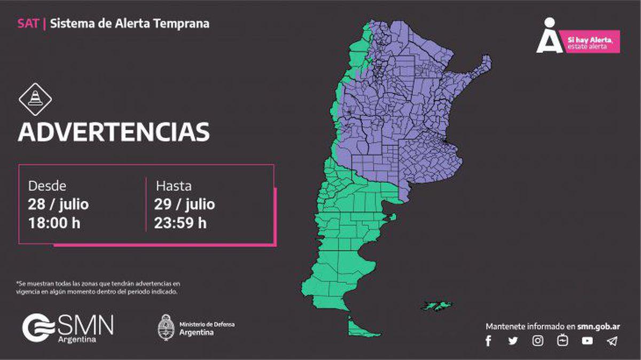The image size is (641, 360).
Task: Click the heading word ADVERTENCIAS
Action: (x=114, y=132)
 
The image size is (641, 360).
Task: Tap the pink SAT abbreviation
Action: (x=28, y=24)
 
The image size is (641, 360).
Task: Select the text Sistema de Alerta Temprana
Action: (x=130, y=24)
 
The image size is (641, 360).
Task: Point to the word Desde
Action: (x=47, y=186)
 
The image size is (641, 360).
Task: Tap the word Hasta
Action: (x=174, y=186)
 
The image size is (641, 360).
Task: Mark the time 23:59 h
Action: (x=181, y=222)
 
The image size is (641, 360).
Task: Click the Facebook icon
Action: (x=488, y=341)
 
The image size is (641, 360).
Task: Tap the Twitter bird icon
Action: (x=513, y=341)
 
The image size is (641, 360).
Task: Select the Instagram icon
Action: (x=538, y=341)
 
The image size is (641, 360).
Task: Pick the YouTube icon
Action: (x=587, y=341)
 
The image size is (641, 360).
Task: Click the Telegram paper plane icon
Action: (x=612, y=341)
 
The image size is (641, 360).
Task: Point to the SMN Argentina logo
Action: (x=68, y=328)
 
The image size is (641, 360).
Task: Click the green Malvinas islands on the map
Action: (x=437, y=306)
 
